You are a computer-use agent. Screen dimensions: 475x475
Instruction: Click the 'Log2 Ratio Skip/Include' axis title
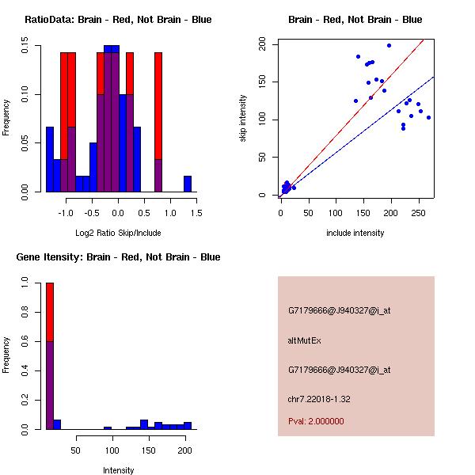tap(118, 233)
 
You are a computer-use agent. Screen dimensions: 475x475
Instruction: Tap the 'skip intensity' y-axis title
tap(244, 118)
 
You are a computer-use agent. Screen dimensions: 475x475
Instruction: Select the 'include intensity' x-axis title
tap(355, 233)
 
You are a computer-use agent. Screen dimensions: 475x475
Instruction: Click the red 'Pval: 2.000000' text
tap(316, 421)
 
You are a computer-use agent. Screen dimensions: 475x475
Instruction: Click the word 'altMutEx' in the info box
tap(305, 340)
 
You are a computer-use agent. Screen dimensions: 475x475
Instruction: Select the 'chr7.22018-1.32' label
tap(319, 398)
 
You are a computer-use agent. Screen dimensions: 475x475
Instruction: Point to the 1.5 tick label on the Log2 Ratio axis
tap(196, 211)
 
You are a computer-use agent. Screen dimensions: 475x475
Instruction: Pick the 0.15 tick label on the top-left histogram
tap(25, 48)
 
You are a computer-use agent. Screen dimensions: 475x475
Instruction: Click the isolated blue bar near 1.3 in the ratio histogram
tap(188, 184)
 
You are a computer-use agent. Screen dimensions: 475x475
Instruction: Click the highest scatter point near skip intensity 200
tap(389, 46)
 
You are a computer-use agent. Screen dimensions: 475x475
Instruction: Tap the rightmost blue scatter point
tap(428, 117)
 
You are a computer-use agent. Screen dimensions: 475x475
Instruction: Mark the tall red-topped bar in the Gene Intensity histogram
tap(50, 356)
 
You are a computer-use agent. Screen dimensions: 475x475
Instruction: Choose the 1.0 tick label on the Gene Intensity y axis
tap(25, 282)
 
